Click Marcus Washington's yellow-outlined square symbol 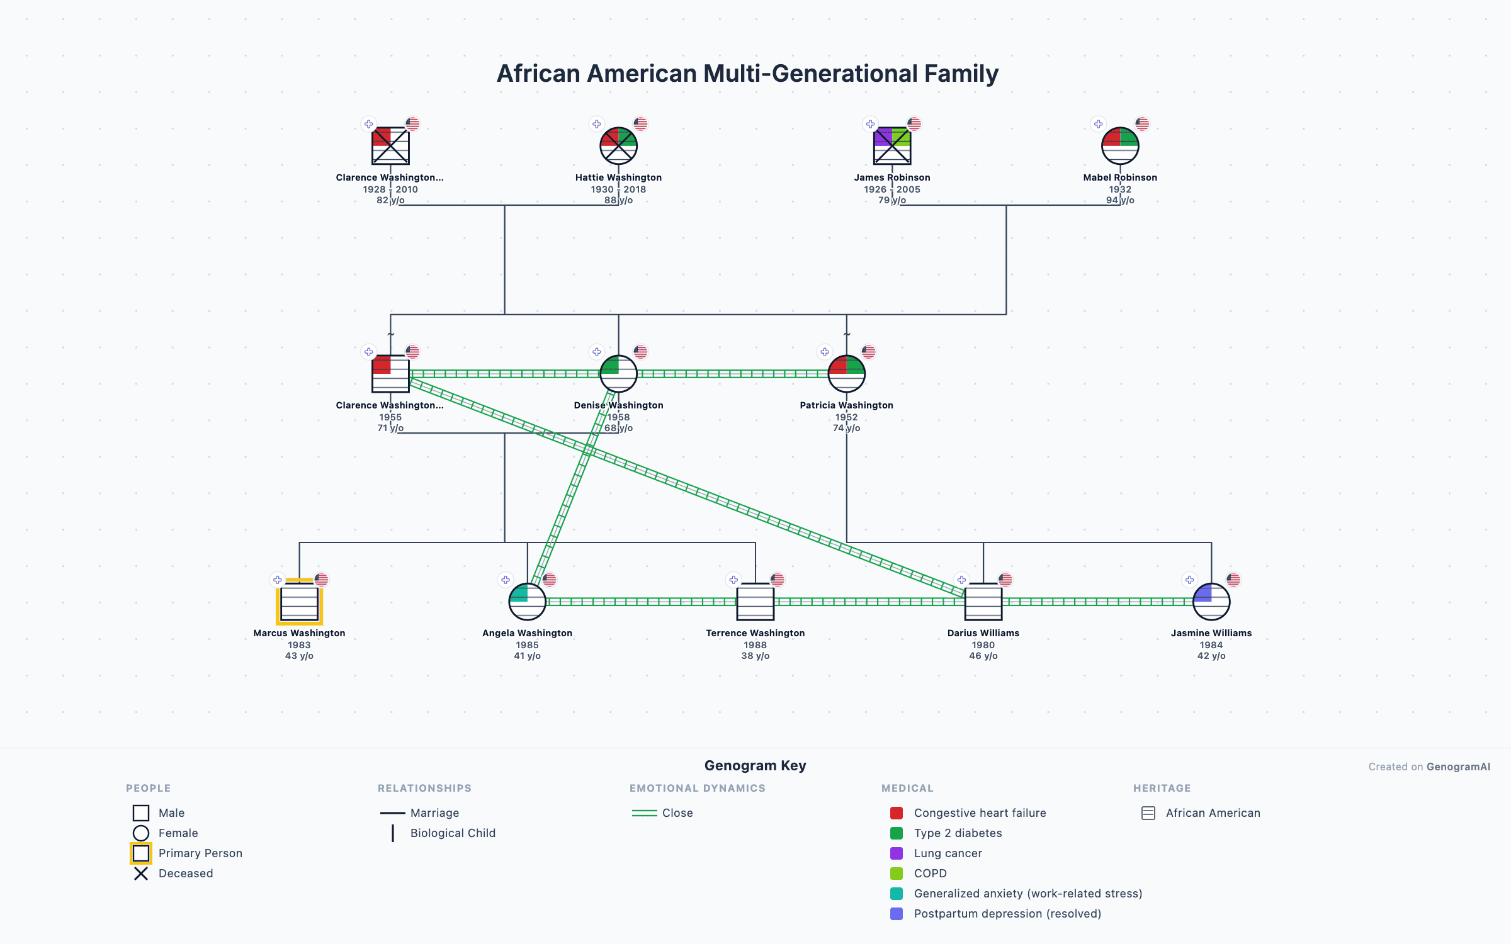[299, 602]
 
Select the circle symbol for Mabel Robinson [1120, 146]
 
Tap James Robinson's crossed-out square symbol [892, 146]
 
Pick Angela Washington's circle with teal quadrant [527, 602]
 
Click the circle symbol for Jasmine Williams [1211, 602]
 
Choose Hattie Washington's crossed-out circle [618, 146]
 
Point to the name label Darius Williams [983, 633]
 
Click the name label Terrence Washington [755, 633]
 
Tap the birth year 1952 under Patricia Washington [846, 417]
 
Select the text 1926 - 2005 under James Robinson [891, 189]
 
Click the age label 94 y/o [1119, 200]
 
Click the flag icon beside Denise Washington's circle [640, 352]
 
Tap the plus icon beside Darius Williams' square [961, 580]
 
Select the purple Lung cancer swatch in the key [897, 853]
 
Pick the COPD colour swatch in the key [897, 874]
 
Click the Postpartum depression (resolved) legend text [1007, 914]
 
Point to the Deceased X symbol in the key [141, 874]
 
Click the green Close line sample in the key [644, 813]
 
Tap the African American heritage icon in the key [1148, 813]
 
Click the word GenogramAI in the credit [1458, 767]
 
